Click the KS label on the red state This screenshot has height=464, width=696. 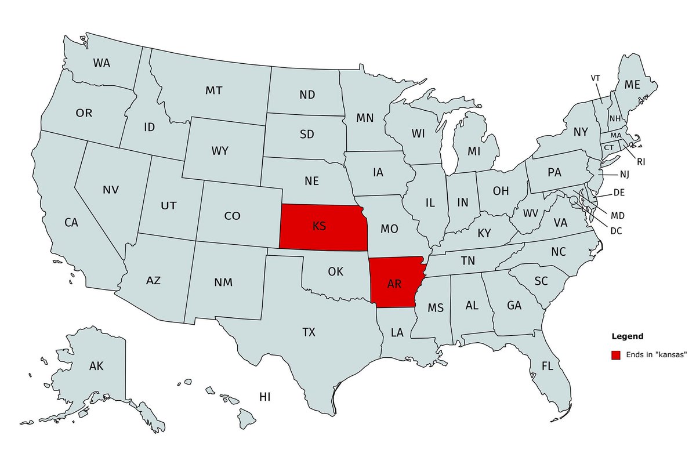pyautogui.click(x=319, y=226)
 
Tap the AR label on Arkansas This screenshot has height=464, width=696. pyautogui.click(x=394, y=284)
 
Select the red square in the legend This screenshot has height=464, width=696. pyautogui.click(x=616, y=354)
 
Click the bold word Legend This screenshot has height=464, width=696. pyautogui.click(x=627, y=336)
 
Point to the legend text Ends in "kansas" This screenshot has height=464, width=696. pyautogui.click(x=656, y=354)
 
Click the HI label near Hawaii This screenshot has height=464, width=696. pyautogui.click(x=265, y=397)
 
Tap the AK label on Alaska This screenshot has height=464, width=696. pyautogui.click(x=96, y=366)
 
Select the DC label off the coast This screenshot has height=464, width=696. pyautogui.click(x=616, y=231)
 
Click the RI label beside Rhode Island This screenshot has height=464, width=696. pyautogui.click(x=641, y=162)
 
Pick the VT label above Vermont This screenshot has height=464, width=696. pyautogui.click(x=596, y=78)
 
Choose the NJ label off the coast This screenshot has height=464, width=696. pyautogui.click(x=624, y=174)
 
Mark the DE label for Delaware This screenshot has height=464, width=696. pyautogui.click(x=618, y=193)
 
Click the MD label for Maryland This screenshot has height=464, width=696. pyautogui.click(x=618, y=216)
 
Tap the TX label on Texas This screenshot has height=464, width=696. pyautogui.click(x=309, y=332)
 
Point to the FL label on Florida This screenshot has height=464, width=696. pyautogui.click(x=547, y=366)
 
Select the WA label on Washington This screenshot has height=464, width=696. pyautogui.click(x=102, y=63)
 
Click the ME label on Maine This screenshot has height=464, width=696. pyautogui.click(x=632, y=85)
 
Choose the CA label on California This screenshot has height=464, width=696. pyautogui.click(x=71, y=222)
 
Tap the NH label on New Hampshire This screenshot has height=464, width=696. pyautogui.click(x=615, y=119)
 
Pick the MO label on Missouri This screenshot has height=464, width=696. pyautogui.click(x=389, y=229)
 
